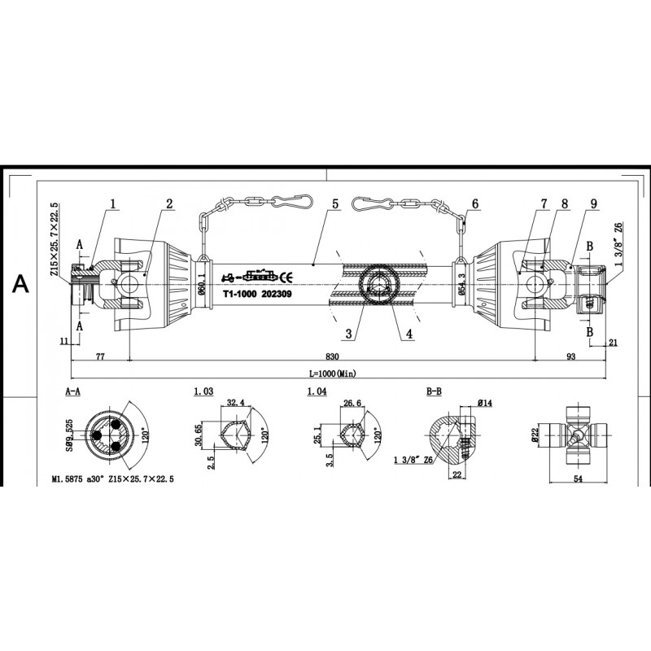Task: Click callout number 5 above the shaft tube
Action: (x=335, y=203)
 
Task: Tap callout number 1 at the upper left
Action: (x=114, y=203)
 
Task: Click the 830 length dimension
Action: (x=332, y=356)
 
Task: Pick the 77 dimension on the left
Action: (x=101, y=356)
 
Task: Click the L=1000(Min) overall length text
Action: (x=333, y=374)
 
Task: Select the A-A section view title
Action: (x=72, y=391)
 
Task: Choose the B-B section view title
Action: (x=435, y=391)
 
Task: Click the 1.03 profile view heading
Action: (x=203, y=391)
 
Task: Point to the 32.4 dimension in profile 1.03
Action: (x=236, y=402)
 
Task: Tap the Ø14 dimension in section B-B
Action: (x=484, y=402)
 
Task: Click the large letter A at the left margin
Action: (x=20, y=284)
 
